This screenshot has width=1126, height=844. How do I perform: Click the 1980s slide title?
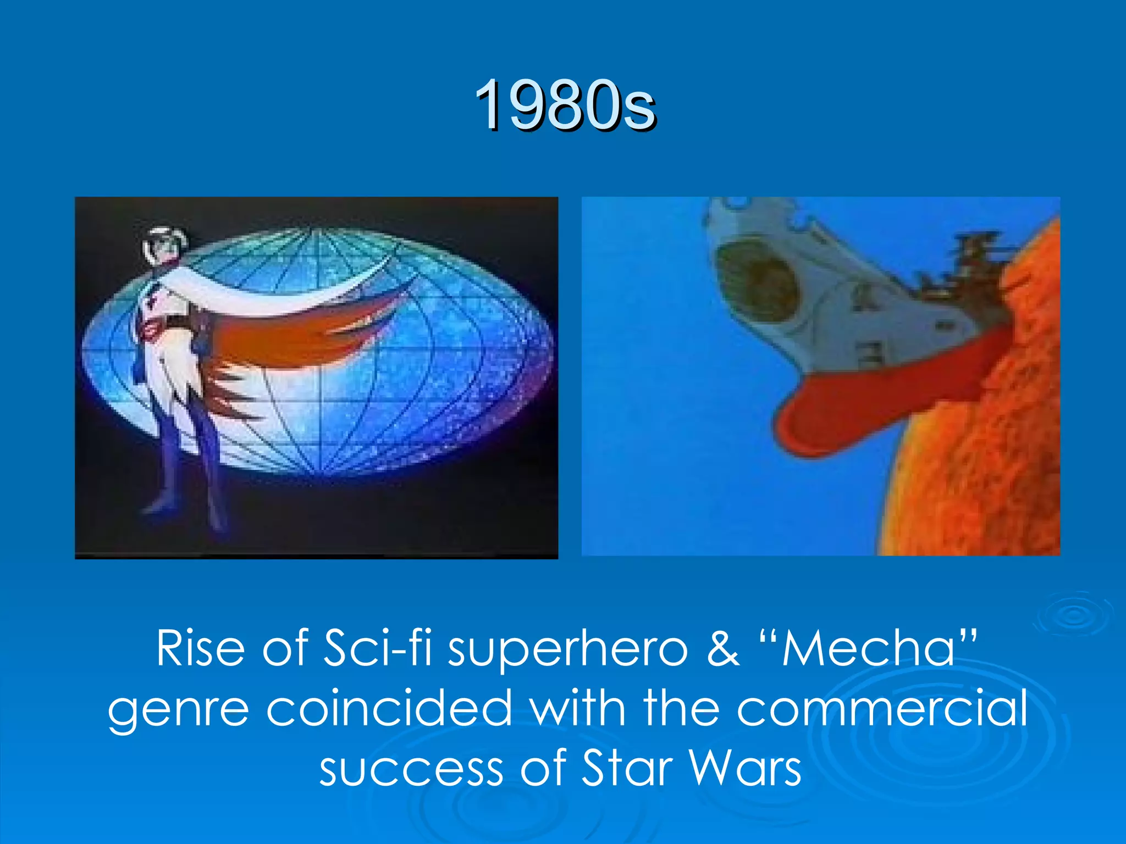coord(565,104)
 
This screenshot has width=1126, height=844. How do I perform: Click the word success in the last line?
coord(411,768)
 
